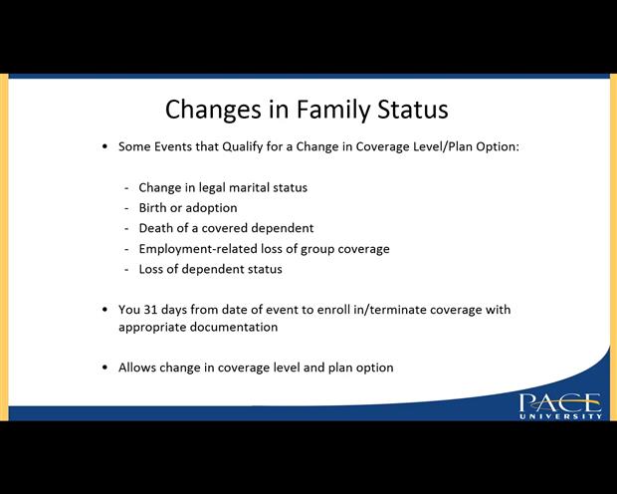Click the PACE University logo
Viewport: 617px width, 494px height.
[x=559, y=406]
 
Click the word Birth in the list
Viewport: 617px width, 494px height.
[x=154, y=207]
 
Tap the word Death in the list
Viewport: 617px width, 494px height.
[x=157, y=228]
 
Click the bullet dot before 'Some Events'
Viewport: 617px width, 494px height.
[x=105, y=146]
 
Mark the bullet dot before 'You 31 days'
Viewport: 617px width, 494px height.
[x=105, y=310]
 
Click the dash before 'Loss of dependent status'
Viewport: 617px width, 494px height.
[x=126, y=269]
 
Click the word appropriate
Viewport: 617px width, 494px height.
[x=154, y=327]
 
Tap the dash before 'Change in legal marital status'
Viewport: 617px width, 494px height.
[x=126, y=187]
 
